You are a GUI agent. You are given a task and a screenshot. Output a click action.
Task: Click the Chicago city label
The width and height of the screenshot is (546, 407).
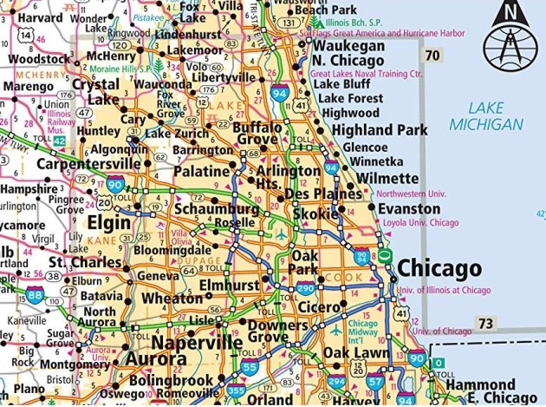click(x=439, y=267)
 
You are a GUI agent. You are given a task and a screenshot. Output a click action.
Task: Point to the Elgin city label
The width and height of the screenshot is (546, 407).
click(x=109, y=223)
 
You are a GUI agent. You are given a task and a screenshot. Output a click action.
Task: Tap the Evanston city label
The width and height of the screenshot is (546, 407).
click(x=409, y=209)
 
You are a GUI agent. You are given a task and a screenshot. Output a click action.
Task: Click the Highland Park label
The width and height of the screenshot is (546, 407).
click(x=380, y=129)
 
